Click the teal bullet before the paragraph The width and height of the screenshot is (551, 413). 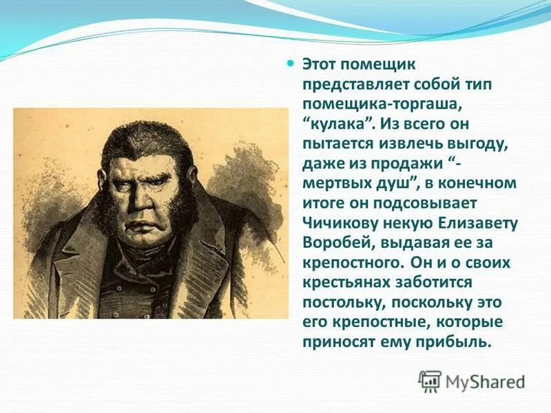[x=290, y=63]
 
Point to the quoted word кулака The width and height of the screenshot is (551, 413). [x=331, y=123]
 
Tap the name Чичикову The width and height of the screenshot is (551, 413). [x=335, y=223]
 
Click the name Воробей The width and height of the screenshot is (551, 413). [x=330, y=243]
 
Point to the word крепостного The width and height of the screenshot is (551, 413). [x=351, y=263]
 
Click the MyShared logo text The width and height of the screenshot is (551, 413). [x=485, y=381]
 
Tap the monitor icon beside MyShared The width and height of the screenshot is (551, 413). [x=430, y=381]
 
